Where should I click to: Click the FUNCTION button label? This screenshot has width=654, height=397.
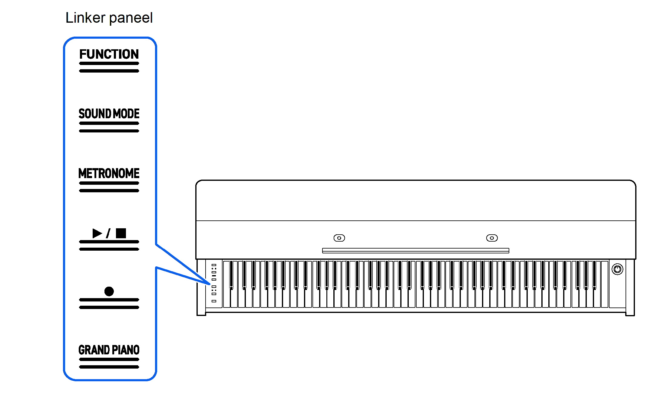coord(109,54)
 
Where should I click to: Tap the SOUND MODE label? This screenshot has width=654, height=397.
coord(109,114)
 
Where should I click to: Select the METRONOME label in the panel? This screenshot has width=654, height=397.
coord(109,173)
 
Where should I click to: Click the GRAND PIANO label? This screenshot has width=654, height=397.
coord(109,350)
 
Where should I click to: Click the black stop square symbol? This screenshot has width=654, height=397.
coord(121,233)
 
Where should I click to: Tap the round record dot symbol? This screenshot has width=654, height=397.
coord(109,291)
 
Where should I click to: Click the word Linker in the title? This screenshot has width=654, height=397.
coord(85,18)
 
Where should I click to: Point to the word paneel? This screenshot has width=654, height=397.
coord(131,18)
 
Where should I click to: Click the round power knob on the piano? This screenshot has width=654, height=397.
coord(617,269)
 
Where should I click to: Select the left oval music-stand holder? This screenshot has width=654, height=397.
coord(339,238)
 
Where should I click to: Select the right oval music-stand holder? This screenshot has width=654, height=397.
coord(492,238)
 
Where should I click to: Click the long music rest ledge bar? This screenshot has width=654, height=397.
coord(415,250)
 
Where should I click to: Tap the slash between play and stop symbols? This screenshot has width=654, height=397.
coord(108,233)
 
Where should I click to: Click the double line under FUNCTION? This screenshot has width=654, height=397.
coord(109,67)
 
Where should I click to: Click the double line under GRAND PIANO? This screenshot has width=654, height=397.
coord(109,363)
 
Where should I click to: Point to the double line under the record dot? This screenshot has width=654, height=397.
coord(109,304)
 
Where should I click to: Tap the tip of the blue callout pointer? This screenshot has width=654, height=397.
coord(209,284)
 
